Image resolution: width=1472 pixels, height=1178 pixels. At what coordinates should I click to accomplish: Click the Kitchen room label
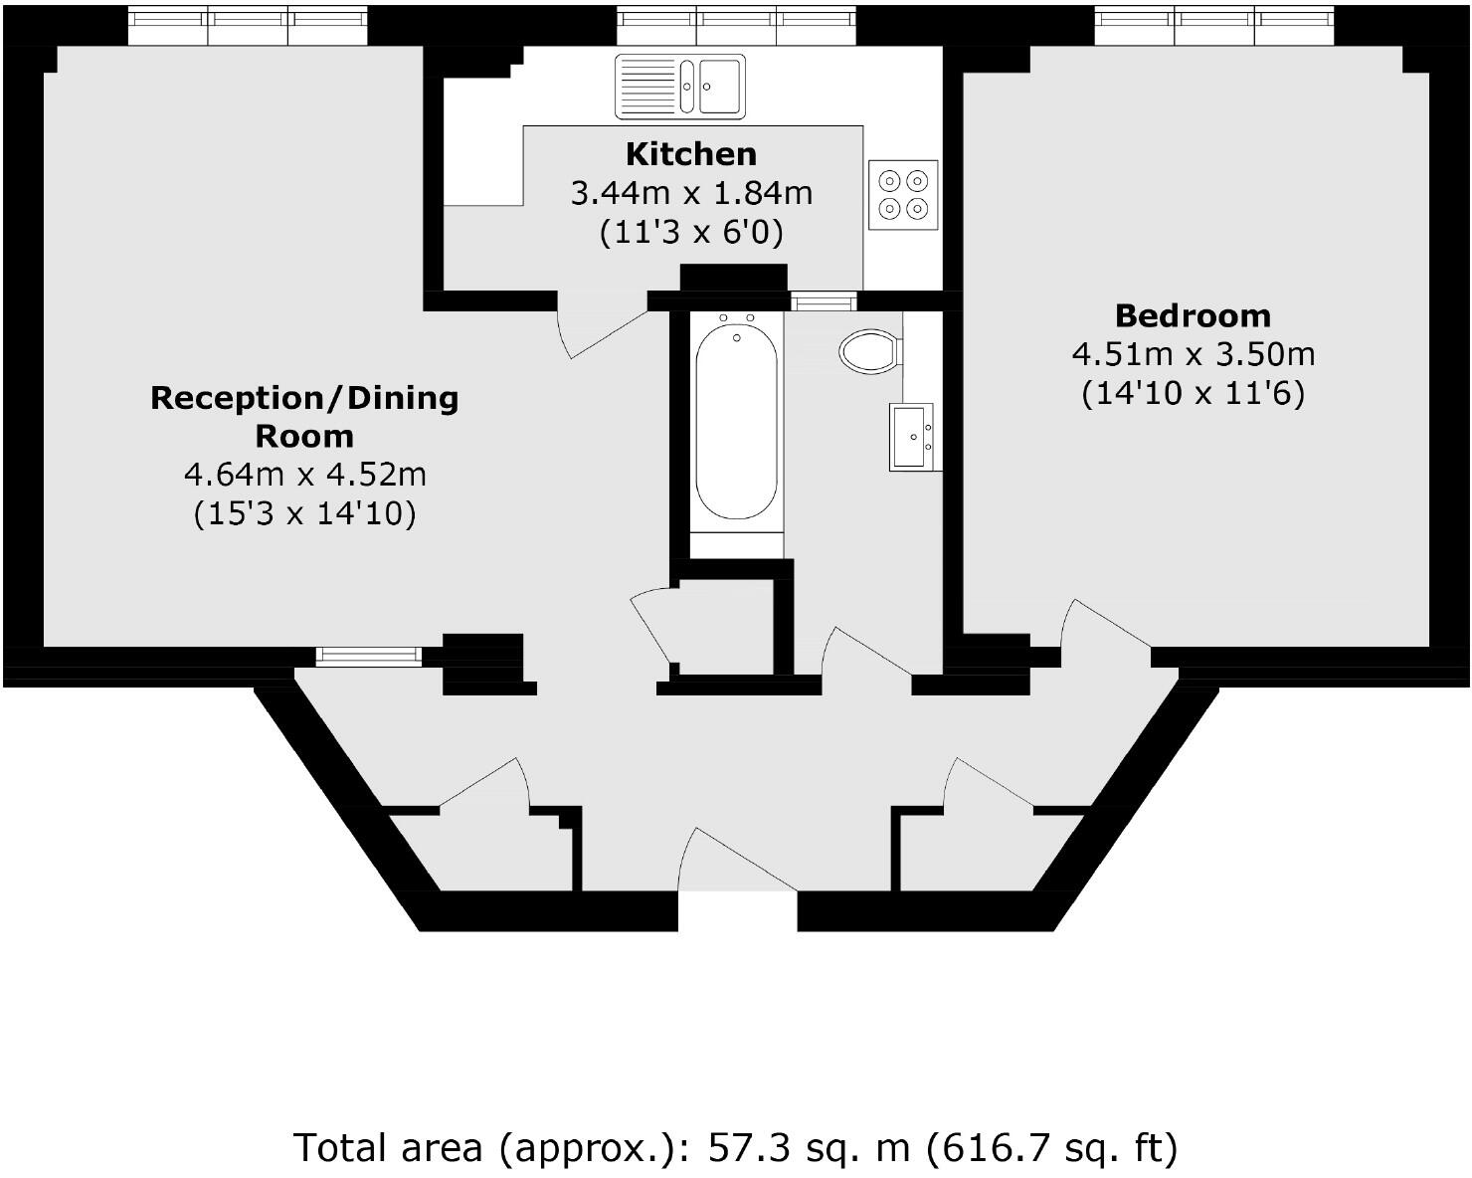[690, 154]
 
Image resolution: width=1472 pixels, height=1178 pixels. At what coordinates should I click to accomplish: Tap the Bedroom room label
[1193, 315]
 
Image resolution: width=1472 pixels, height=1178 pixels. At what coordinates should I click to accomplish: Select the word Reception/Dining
[304, 398]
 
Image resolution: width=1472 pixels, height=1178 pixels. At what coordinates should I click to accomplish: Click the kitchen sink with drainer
[679, 86]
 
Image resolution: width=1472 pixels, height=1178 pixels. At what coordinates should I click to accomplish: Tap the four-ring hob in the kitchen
[903, 194]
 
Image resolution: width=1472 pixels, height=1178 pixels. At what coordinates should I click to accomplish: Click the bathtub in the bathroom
[736, 418]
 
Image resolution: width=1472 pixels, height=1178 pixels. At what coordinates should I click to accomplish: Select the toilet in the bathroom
[871, 351]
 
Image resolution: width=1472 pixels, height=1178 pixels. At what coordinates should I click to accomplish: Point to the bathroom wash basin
[911, 437]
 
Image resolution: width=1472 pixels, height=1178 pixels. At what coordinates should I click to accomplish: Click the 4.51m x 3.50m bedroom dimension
[1193, 354]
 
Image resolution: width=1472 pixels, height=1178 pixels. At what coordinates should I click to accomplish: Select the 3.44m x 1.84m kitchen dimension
[690, 193]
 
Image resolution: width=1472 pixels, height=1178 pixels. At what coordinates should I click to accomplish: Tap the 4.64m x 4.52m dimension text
[304, 475]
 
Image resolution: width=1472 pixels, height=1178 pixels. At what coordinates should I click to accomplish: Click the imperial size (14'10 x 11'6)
[1193, 394]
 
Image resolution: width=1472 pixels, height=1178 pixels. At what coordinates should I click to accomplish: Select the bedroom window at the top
[1213, 26]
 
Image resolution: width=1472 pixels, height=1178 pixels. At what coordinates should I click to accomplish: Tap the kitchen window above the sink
[735, 26]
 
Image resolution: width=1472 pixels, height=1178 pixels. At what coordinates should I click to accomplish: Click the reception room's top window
[248, 26]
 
